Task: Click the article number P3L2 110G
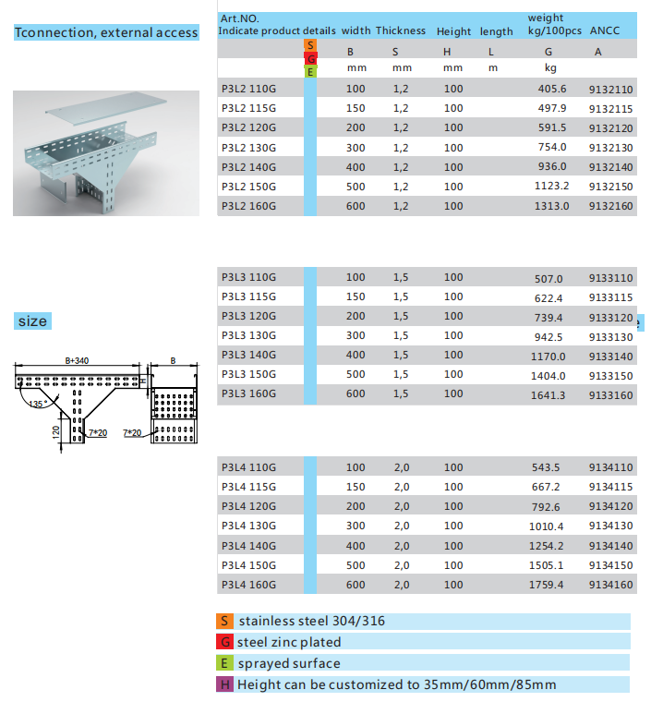[x=248, y=90]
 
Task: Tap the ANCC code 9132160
[x=610, y=206]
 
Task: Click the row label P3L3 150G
[x=248, y=375]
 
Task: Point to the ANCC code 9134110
[x=610, y=468]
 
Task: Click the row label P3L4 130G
[x=248, y=526]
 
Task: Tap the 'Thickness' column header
[x=401, y=30]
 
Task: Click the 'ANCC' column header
[x=605, y=30]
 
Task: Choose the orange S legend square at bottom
[x=224, y=621]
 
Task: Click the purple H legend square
[x=224, y=684]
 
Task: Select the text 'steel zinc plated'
[x=289, y=642]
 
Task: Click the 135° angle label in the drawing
[x=37, y=405]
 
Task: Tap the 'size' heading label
[x=32, y=321]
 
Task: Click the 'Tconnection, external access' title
[x=106, y=32]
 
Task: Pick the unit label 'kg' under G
[x=550, y=67]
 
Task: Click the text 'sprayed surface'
[x=289, y=663]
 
